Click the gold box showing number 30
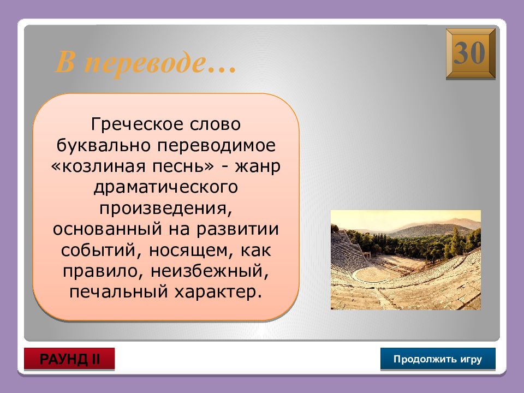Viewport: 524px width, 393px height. coord(471,54)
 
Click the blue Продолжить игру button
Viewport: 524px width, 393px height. coord(438,359)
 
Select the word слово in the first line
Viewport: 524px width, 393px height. coord(215,124)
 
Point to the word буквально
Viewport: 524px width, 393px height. coord(103,146)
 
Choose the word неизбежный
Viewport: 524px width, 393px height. coord(210,271)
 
